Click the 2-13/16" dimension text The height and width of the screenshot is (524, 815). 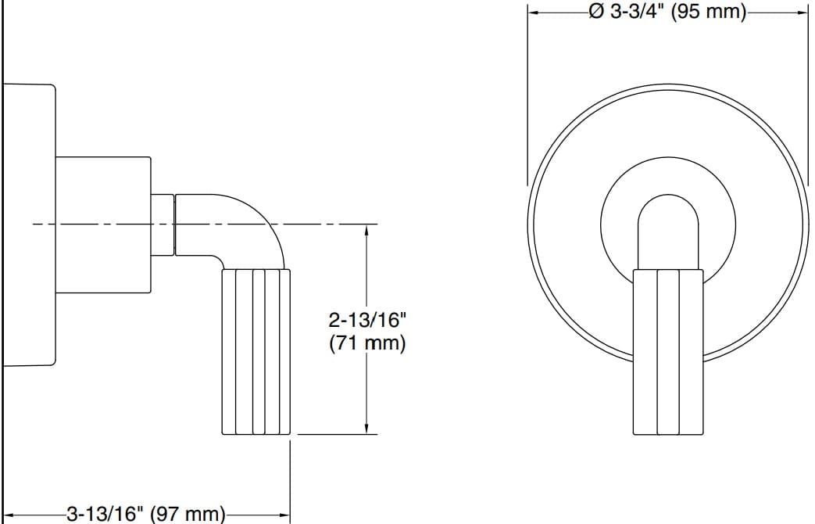tap(367, 320)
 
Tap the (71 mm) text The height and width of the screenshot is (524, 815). tap(367, 343)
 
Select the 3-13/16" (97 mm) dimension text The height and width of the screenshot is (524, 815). tap(147, 514)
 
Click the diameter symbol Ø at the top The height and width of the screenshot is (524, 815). tap(595, 13)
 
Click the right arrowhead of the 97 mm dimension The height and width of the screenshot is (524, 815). tap(284, 514)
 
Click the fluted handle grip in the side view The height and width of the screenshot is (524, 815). tap(257, 351)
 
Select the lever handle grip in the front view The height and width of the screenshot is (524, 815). tap(668, 351)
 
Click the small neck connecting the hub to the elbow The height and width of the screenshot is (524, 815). tap(162, 224)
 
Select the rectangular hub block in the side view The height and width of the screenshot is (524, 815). tap(102, 225)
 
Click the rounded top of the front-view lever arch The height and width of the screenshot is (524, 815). tap(668, 198)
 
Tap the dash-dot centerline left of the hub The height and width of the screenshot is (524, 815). tap(43, 224)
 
